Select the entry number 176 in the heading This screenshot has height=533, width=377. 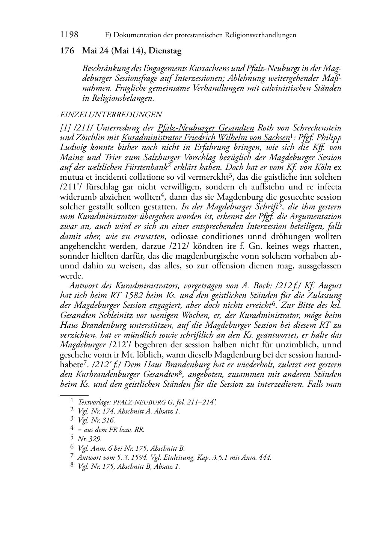(x=67, y=51)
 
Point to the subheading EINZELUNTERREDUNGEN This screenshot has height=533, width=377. (x=111, y=115)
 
